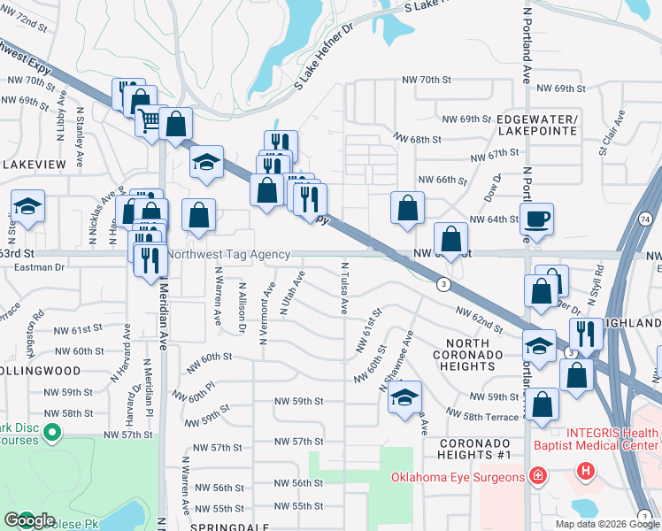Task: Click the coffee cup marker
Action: (536, 219)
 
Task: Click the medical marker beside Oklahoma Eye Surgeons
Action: (537, 478)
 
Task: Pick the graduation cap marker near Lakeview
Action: (28, 207)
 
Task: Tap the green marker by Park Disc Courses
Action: (51, 433)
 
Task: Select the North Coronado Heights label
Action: (468, 355)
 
